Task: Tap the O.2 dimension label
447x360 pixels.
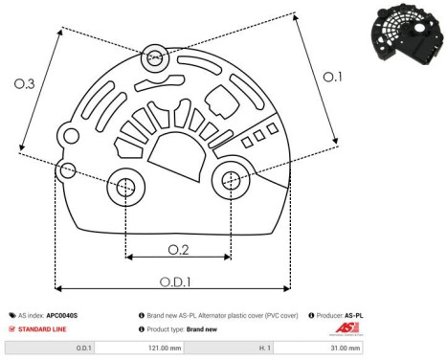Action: click(x=177, y=249)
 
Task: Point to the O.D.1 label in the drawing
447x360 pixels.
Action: click(x=173, y=281)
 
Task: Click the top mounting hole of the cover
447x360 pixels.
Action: click(x=154, y=59)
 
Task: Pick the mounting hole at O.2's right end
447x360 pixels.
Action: click(x=231, y=179)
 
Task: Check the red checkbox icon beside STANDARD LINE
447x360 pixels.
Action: click(x=12, y=327)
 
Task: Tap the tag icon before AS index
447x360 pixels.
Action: click(x=12, y=314)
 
